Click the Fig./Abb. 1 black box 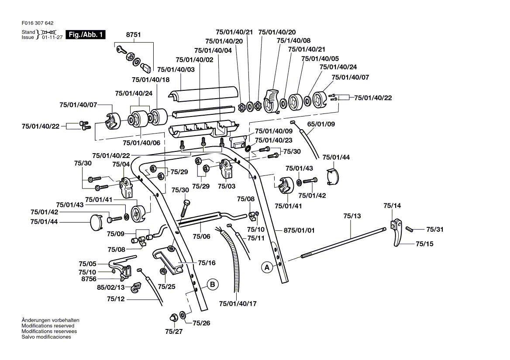[x=85, y=34]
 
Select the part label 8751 [x=133, y=34]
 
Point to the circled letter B [x=212, y=285]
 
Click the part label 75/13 [x=352, y=216]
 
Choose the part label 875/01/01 [x=299, y=230]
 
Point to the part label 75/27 [x=174, y=331]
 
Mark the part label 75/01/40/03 [x=176, y=69]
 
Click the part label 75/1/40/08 [x=294, y=41]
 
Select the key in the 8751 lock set [x=121, y=50]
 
